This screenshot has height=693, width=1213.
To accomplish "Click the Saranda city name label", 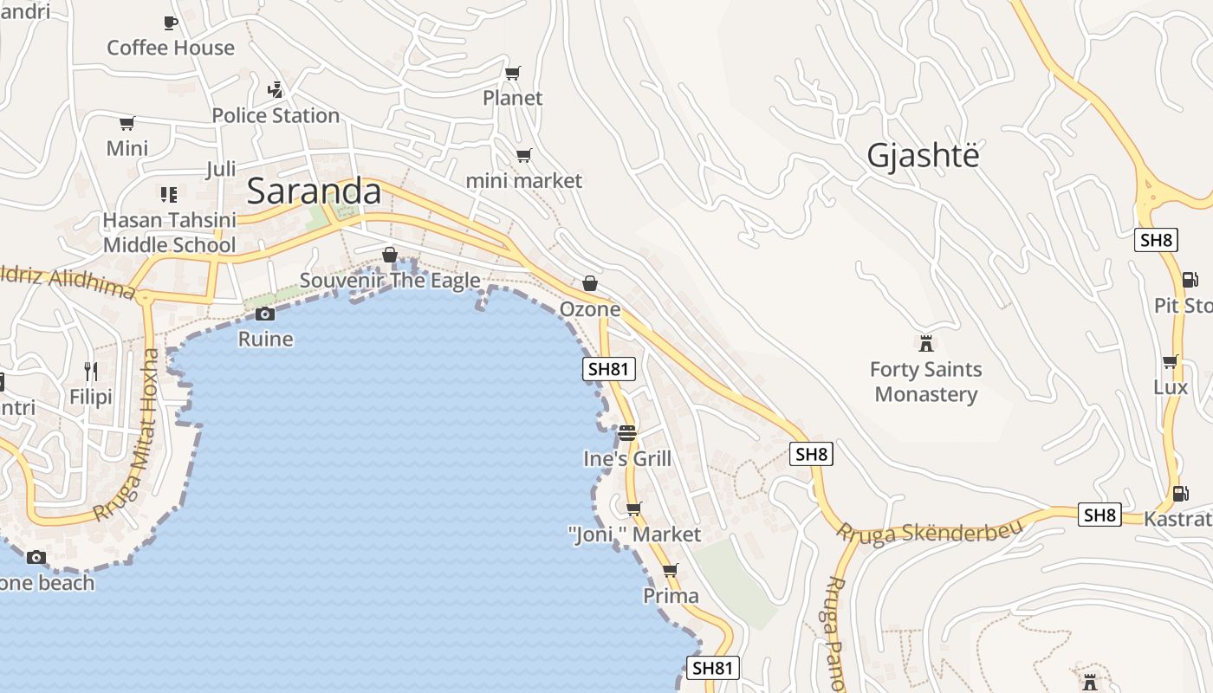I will [x=314, y=191].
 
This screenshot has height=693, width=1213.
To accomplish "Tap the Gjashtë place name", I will [x=924, y=155].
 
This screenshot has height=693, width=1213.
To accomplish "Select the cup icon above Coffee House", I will [x=171, y=23].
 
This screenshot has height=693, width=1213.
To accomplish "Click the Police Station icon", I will [x=276, y=89].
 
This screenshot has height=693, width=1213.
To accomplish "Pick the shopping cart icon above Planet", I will [x=513, y=73].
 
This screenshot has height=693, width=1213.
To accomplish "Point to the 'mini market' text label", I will [x=524, y=180].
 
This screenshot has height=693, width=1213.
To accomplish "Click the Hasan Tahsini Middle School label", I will [x=169, y=232].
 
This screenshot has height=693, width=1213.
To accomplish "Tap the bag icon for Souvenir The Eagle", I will [x=390, y=255].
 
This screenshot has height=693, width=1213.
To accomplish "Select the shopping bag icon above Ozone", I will [x=590, y=283].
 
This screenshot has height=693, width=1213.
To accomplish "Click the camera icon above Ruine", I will [x=265, y=314].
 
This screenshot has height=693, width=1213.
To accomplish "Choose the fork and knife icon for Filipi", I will [x=91, y=372].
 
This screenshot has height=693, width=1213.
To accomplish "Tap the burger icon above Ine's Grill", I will [x=627, y=432].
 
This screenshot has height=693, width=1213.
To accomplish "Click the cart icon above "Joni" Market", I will [x=634, y=508].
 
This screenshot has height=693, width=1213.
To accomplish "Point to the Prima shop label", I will [x=671, y=596].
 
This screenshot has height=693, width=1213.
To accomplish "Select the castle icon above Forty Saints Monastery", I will [x=926, y=343].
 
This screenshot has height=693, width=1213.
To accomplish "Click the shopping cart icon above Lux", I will [x=1171, y=361].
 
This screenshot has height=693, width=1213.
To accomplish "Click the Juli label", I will [x=221, y=169].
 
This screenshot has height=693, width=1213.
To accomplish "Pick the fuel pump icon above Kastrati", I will [x=1180, y=494].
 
